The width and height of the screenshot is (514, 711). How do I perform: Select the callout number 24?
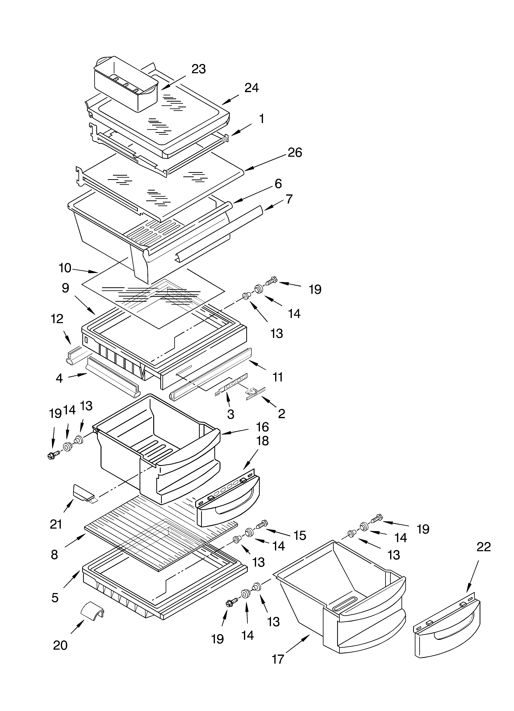tap(251, 88)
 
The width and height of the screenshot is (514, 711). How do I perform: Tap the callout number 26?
tap(295, 153)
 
